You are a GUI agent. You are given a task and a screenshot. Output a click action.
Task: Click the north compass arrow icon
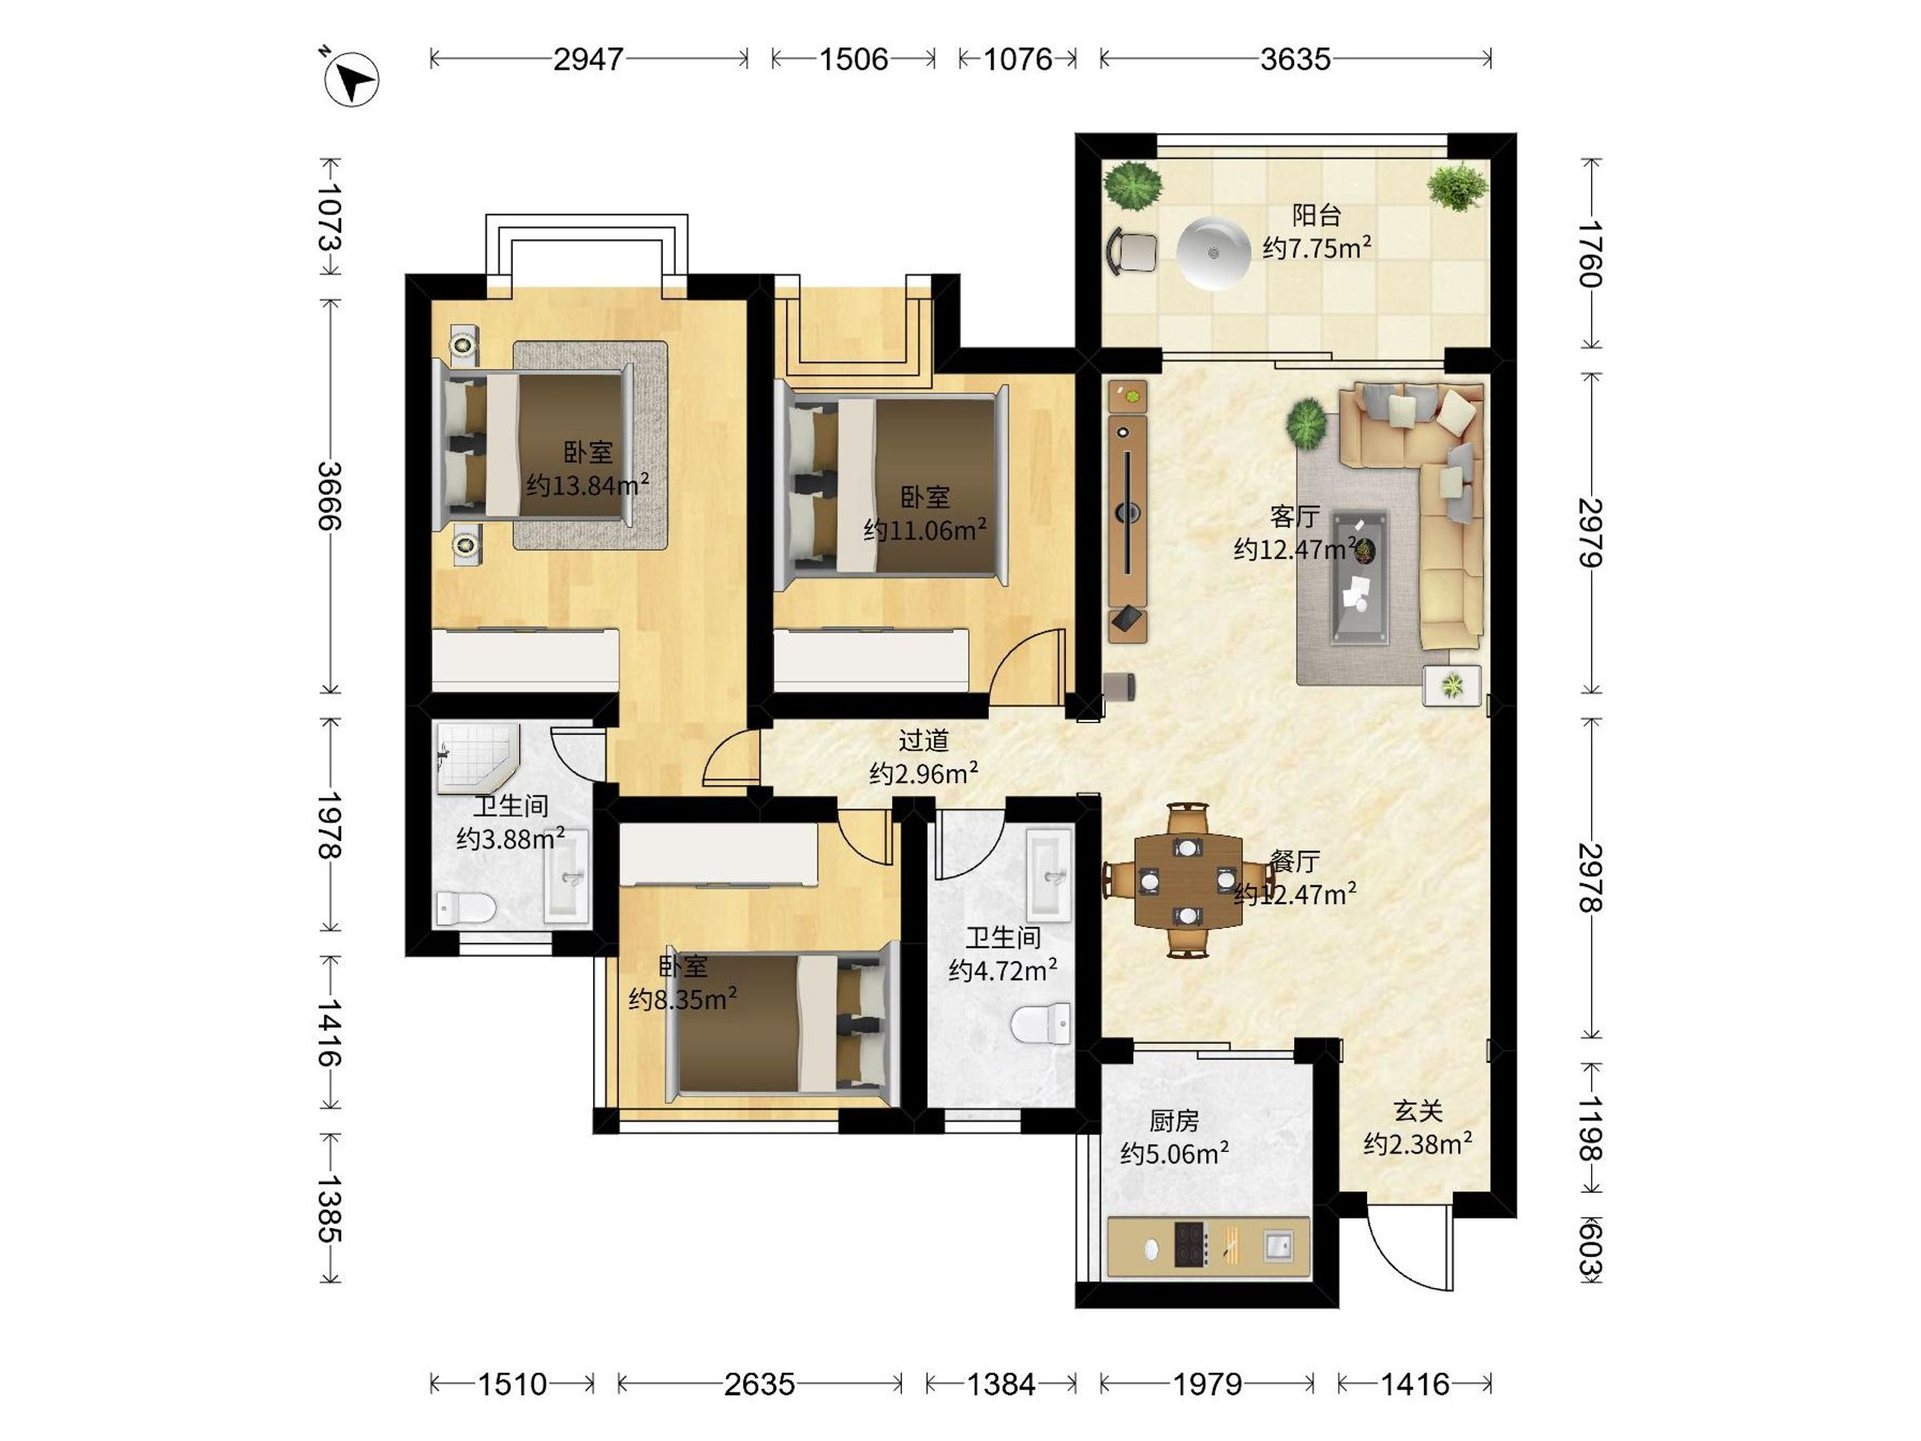click(351, 80)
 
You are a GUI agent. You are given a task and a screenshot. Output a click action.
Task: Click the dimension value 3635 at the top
click(1295, 59)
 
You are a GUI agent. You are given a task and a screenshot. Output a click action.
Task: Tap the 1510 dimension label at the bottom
click(512, 1383)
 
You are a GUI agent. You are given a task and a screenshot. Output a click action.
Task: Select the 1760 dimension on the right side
click(1590, 254)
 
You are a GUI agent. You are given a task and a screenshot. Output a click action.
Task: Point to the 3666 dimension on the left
click(330, 496)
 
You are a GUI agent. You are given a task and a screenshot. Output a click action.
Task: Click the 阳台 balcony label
click(1317, 215)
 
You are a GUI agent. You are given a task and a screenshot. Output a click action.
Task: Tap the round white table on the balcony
click(1213, 252)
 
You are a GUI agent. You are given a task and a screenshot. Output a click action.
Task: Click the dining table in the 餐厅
click(1188, 880)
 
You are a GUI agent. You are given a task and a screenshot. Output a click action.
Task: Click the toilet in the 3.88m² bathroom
click(466, 909)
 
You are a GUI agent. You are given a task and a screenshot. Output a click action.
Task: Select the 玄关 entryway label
click(1418, 1111)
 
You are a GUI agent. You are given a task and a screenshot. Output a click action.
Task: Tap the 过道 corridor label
click(923, 741)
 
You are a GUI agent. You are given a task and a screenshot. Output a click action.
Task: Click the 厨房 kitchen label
click(1174, 1122)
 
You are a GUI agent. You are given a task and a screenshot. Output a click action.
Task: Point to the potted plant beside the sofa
click(1306, 423)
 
